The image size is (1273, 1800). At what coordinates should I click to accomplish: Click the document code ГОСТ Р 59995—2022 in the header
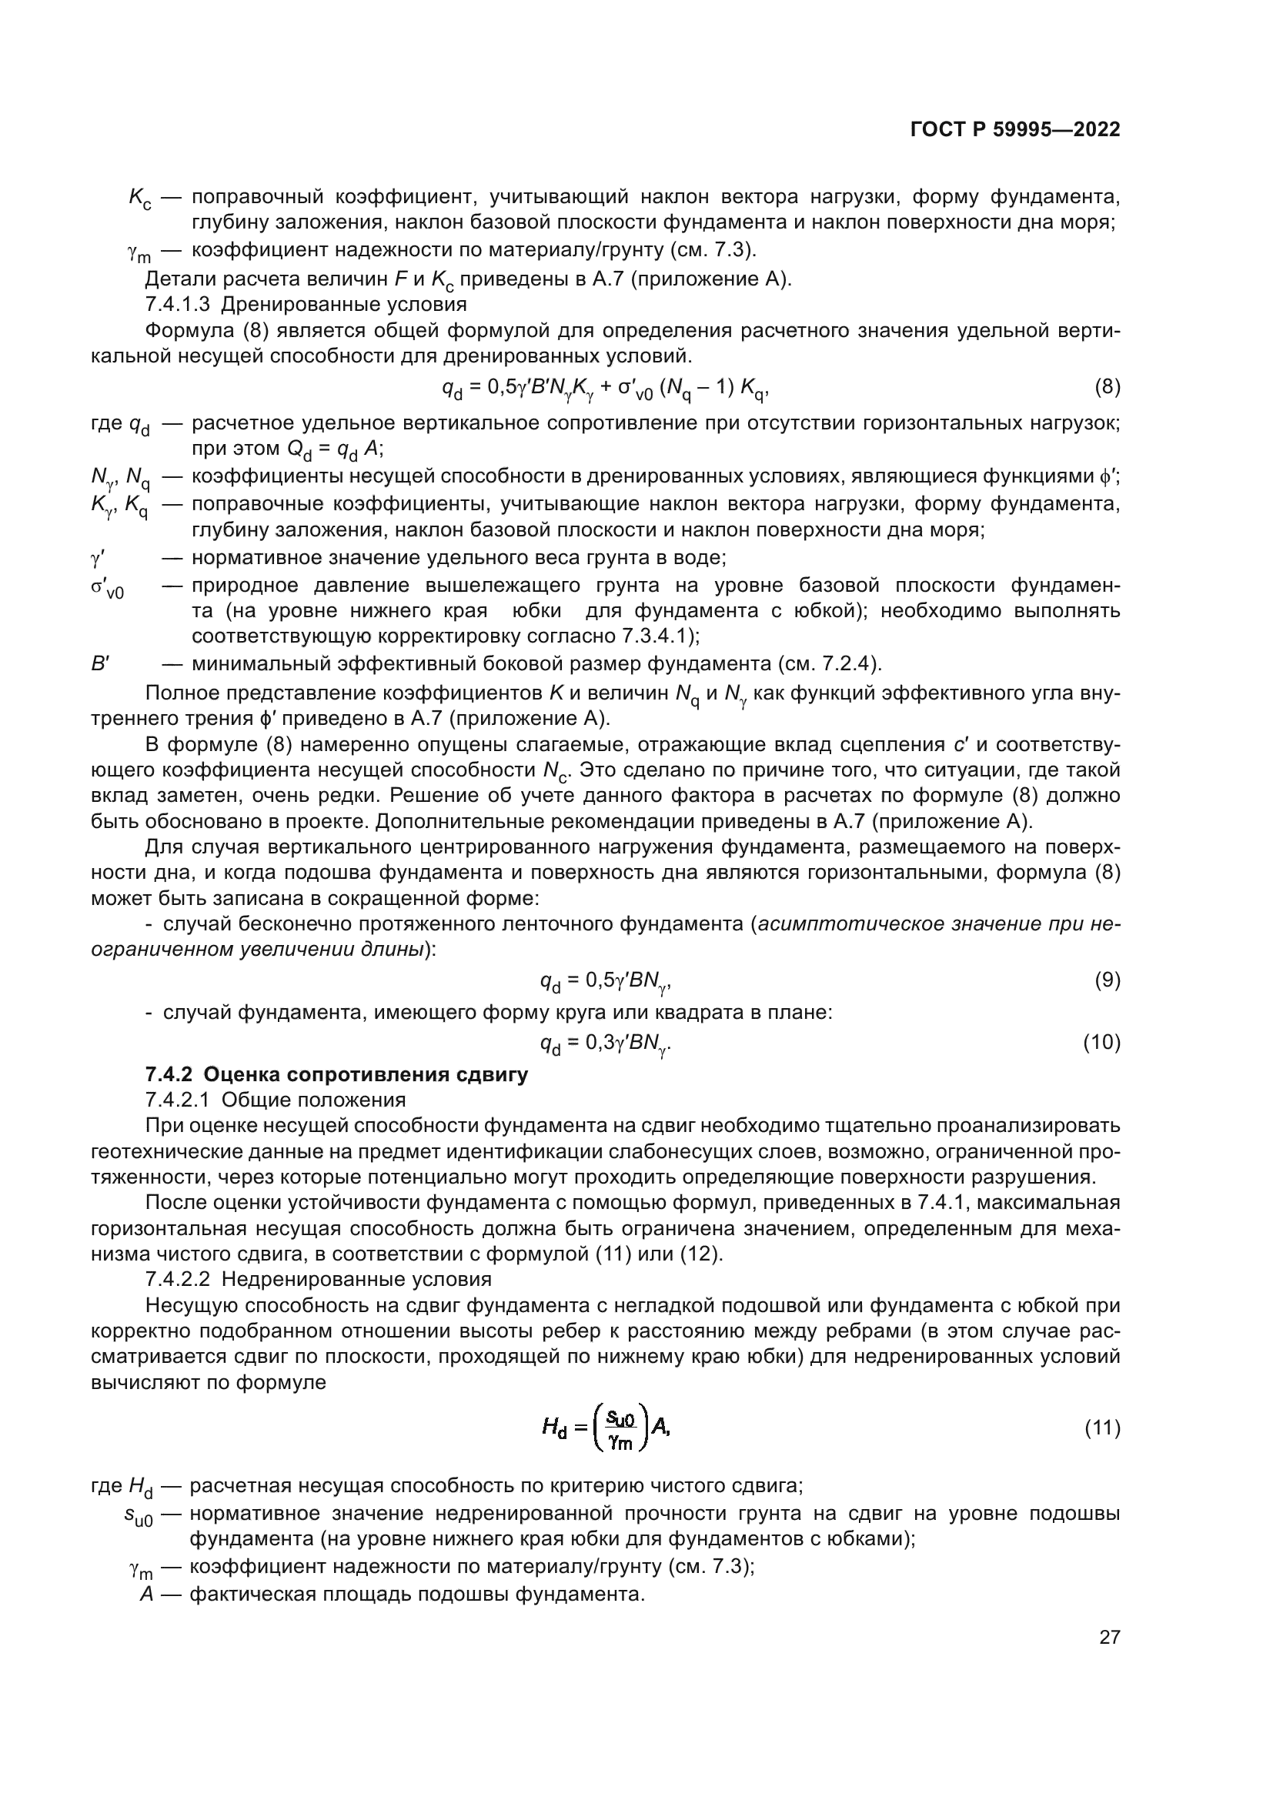(1015, 130)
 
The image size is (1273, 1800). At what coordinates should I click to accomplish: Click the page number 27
(1109, 1637)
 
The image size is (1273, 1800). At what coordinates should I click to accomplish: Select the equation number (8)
(1107, 386)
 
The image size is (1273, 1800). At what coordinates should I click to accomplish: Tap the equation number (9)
(1107, 980)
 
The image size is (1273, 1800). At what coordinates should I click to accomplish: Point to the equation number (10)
(1101, 1042)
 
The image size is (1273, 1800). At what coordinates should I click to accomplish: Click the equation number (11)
(1101, 1428)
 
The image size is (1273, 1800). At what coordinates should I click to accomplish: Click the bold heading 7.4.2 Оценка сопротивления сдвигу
(336, 1074)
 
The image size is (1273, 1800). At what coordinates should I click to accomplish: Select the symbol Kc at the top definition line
(140, 199)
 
